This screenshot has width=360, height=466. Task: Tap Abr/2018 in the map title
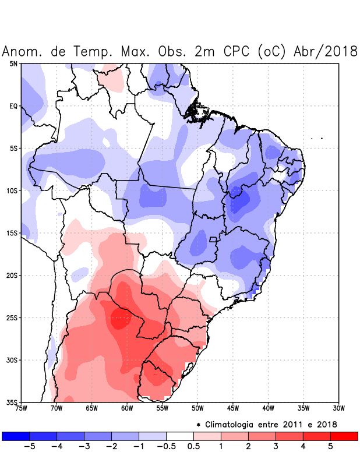(327, 51)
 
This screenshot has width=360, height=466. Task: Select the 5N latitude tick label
(13, 63)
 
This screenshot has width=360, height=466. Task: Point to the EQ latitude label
(13, 106)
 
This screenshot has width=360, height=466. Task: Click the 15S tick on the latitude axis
(12, 233)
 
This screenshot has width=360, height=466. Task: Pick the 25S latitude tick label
(12, 317)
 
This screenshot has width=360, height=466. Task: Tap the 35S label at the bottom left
(12, 402)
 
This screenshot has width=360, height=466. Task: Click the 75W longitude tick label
(22, 408)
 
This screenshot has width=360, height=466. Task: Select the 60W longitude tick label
(127, 408)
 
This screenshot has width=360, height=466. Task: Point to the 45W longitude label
(233, 408)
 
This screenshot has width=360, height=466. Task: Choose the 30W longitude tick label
(338, 408)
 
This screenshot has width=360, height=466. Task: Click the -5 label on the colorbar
(29, 447)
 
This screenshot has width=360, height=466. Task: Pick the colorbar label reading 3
(275, 447)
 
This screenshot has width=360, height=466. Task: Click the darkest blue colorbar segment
(15, 436)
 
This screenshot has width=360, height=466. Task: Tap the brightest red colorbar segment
(344, 436)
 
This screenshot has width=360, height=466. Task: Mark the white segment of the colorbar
(180, 436)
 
